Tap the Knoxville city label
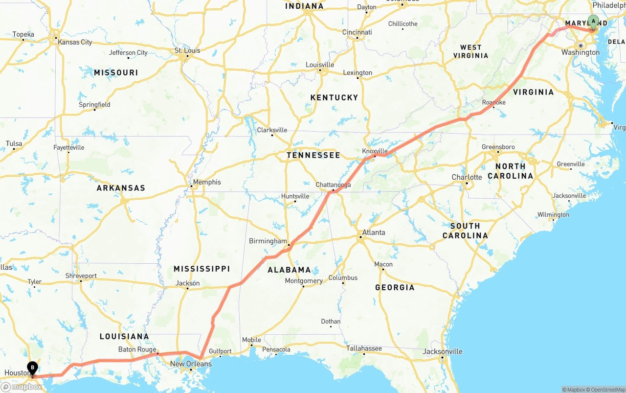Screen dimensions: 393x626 [375, 151]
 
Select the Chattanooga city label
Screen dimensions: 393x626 [333, 185]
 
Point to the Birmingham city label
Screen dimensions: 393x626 [268, 241]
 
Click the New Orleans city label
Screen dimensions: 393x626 [191, 364]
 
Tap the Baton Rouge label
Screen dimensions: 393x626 [137, 349]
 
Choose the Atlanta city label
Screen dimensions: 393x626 [374, 232]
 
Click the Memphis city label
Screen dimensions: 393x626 [207, 182]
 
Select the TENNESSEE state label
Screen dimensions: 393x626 [313, 155]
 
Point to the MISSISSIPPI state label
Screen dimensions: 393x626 [201, 269]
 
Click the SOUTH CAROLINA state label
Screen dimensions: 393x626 [465, 231]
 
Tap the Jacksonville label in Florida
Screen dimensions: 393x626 [443, 351]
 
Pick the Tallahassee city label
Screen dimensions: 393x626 [364, 348]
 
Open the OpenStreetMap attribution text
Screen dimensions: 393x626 [607, 390]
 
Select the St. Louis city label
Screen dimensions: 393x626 [187, 50]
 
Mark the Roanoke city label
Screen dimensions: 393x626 [493, 102]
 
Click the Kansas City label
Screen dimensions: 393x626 [75, 42]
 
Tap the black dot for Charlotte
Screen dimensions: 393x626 [466, 184]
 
